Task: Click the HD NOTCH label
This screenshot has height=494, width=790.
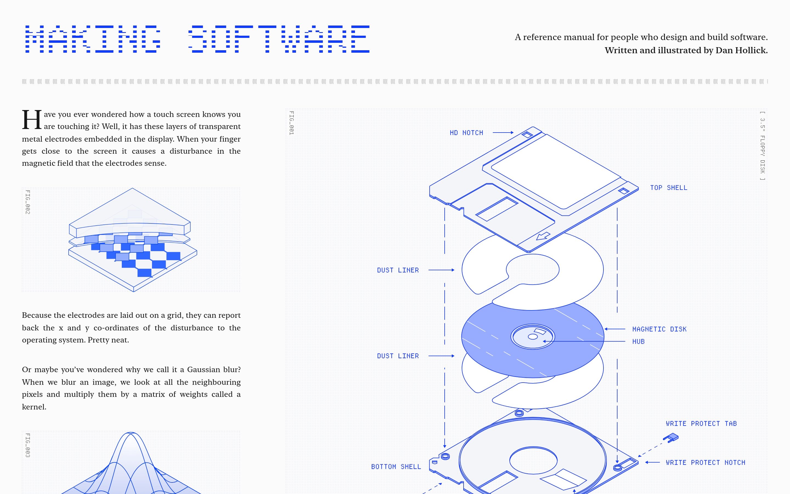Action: [x=466, y=133]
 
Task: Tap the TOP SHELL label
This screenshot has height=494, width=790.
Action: [x=668, y=187]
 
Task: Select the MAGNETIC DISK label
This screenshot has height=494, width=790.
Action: [x=659, y=329]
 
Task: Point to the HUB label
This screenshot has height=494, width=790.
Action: [x=638, y=341]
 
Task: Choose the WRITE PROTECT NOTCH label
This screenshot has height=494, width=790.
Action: [x=706, y=462]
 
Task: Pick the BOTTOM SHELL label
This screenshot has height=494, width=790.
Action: [x=396, y=467]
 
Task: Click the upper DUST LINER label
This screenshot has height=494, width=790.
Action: [x=398, y=270]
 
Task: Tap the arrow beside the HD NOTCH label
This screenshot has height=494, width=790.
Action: [x=503, y=133]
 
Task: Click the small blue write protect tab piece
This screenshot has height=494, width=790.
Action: [x=671, y=437]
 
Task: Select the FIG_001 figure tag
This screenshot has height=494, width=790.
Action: [x=292, y=123]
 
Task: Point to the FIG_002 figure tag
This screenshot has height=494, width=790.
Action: [x=28, y=202]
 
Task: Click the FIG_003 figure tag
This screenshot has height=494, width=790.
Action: [x=28, y=445]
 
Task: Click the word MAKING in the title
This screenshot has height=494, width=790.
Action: [x=93, y=39]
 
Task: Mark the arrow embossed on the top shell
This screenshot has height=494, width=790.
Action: [x=543, y=236]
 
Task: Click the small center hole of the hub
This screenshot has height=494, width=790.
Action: [x=532, y=337]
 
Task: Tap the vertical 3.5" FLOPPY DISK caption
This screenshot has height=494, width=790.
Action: [x=762, y=146]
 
